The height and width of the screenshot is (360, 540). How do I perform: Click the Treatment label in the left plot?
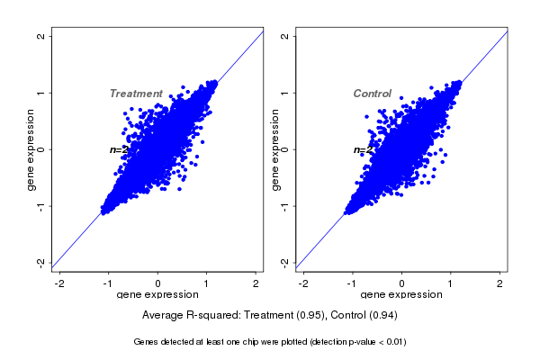tap(136, 94)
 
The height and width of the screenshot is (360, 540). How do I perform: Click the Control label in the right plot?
tap(372, 94)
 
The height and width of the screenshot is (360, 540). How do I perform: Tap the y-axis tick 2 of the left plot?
tap(40, 37)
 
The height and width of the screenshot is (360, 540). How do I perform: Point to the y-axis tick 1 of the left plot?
tap(40, 93)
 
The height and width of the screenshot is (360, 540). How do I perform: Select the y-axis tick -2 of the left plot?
tap(40, 262)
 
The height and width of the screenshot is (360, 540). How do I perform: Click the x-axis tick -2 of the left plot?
tap(60, 283)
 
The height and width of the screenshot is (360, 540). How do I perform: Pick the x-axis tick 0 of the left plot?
tap(158, 283)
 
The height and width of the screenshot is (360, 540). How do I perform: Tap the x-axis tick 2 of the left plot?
tap(256, 283)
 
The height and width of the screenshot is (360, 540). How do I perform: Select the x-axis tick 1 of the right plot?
tap(451, 283)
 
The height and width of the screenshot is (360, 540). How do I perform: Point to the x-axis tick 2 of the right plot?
tap(500, 283)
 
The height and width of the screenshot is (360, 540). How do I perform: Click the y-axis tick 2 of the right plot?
tap(284, 37)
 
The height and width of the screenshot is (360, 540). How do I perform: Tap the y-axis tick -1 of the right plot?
tap(284, 205)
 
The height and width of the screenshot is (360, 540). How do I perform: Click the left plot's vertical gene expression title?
tap(31, 149)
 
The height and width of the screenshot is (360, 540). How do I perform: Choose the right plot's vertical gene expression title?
tap(275, 149)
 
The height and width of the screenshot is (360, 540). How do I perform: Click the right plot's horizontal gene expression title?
tap(402, 295)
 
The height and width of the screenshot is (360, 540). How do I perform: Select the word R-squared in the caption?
tap(212, 316)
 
